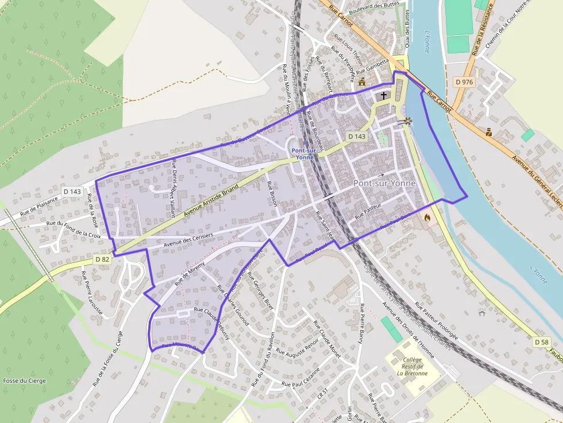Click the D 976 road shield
click(464, 82)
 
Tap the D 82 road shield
click(102, 259)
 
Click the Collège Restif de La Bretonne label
click(412, 366)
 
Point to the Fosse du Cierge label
click(24, 381)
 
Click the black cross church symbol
click(384, 95)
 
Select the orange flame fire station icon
click(427, 218)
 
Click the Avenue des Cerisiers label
click(188, 239)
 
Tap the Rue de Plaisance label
click(39, 205)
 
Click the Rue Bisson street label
click(272, 194)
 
